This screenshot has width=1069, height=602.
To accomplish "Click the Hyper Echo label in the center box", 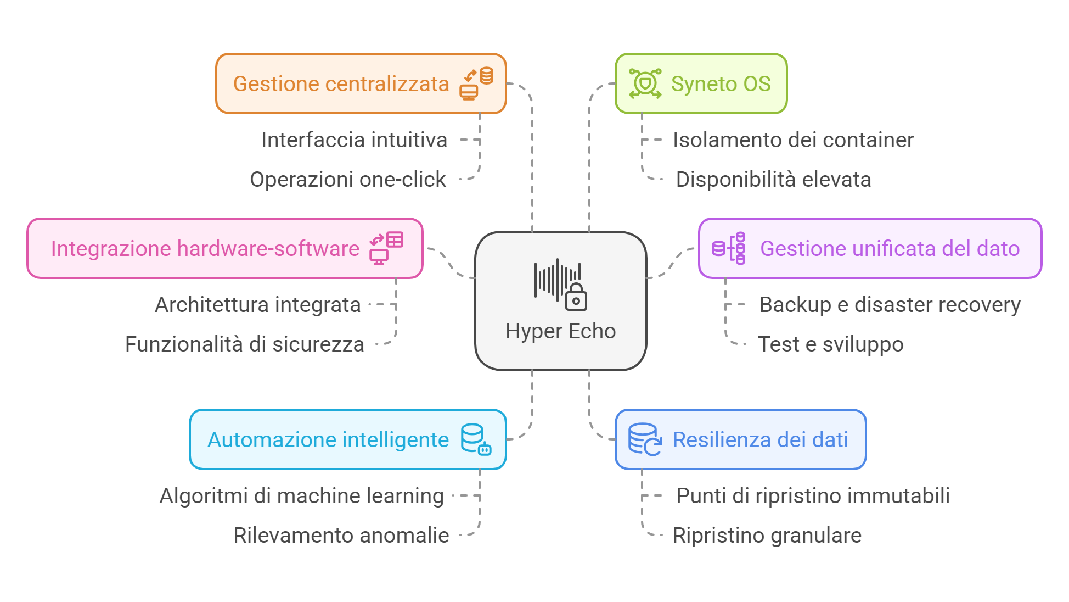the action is click(x=560, y=331).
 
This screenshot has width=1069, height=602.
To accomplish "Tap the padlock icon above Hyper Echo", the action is click(x=576, y=297).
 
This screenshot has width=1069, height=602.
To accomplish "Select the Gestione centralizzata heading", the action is click(x=341, y=84).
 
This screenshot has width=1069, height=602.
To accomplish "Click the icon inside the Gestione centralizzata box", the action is click(x=476, y=83).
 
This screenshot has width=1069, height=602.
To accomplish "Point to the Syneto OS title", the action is click(x=721, y=84).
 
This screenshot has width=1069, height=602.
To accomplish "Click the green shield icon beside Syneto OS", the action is click(x=645, y=83).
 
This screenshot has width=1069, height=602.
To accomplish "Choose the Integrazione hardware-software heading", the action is click(x=205, y=249).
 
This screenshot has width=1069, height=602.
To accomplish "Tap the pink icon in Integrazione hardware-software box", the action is click(x=386, y=248).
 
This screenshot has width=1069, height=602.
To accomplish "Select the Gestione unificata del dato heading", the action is click(x=890, y=249).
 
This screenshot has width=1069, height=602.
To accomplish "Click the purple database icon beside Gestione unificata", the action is click(x=729, y=248).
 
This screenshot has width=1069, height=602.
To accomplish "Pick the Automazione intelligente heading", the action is click(x=328, y=440).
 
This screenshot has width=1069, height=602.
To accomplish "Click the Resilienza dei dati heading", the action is click(x=760, y=440).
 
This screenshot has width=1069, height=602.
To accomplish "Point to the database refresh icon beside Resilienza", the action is click(x=645, y=439).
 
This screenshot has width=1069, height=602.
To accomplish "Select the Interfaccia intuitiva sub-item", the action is click(x=354, y=140).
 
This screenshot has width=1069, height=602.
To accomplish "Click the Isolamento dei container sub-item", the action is click(x=793, y=140).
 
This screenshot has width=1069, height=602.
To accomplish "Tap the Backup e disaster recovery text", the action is click(x=890, y=305).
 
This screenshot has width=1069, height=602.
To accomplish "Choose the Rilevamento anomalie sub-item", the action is click(x=341, y=536).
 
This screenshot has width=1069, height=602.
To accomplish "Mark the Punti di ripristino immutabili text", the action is click(x=813, y=496).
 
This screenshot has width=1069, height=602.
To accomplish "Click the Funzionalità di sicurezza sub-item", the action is click(x=245, y=344).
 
